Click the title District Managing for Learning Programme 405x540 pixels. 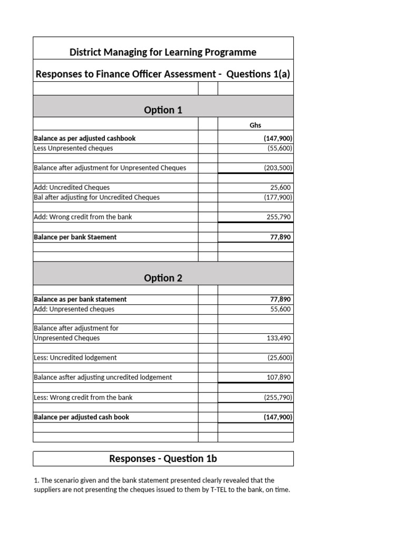tap(163, 52)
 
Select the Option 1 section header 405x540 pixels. tap(163, 110)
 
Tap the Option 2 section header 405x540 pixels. tap(163, 278)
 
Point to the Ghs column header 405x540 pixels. tap(255, 126)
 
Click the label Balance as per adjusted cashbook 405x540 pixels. tap(84, 138)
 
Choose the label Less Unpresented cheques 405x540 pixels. tap(73, 148)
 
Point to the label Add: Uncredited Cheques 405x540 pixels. tap(72, 187)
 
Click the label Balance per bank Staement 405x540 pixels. tap(75, 237)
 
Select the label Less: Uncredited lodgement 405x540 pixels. tap(75, 358)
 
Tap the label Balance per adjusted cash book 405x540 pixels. tap(81, 417)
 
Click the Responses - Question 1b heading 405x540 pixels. tap(163, 459)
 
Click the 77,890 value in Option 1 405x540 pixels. tap(280, 237)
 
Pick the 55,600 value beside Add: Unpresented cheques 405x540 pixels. tap(280, 309)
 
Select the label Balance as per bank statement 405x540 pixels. tap(80, 299)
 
